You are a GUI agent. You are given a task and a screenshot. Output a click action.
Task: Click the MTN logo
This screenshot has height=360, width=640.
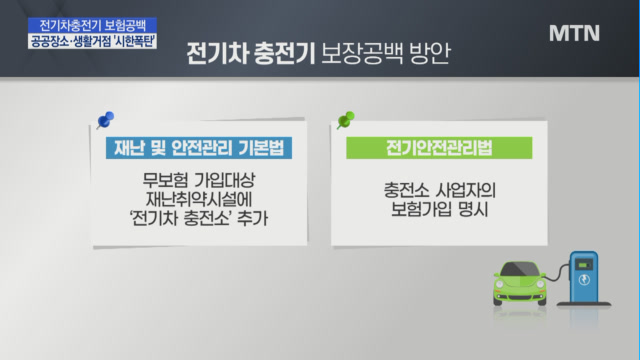tap(574, 33)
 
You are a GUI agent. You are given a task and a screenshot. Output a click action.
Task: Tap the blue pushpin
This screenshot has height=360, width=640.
tap(105, 120)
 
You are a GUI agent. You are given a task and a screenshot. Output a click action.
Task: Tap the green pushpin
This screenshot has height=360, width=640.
tap(346, 120)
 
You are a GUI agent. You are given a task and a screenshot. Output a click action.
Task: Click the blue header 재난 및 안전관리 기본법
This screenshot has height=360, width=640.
tap(199, 148)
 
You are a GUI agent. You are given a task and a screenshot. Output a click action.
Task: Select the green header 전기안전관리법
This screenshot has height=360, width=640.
tap(439, 148)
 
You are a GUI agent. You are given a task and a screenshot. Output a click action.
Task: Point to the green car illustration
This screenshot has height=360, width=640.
tap(520, 283)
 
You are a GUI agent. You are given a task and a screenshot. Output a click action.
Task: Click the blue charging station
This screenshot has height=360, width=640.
tap(584, 278)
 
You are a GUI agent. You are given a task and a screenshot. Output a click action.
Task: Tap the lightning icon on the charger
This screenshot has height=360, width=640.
tap(584, 280)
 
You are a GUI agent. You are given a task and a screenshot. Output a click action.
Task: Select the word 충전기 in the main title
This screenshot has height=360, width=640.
tap(284, 53)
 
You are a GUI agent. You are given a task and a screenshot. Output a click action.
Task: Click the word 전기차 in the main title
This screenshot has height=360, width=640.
tap(217, 53)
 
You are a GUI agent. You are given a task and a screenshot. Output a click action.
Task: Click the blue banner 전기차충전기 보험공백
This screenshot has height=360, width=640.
tap(92, 25)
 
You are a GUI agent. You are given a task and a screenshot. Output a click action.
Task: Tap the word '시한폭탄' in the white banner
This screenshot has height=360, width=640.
tap(134, 42)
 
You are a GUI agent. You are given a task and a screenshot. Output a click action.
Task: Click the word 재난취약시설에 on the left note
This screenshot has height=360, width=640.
tap(199, 199)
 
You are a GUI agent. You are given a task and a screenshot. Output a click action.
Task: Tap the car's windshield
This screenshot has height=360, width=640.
tap(520, 269)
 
